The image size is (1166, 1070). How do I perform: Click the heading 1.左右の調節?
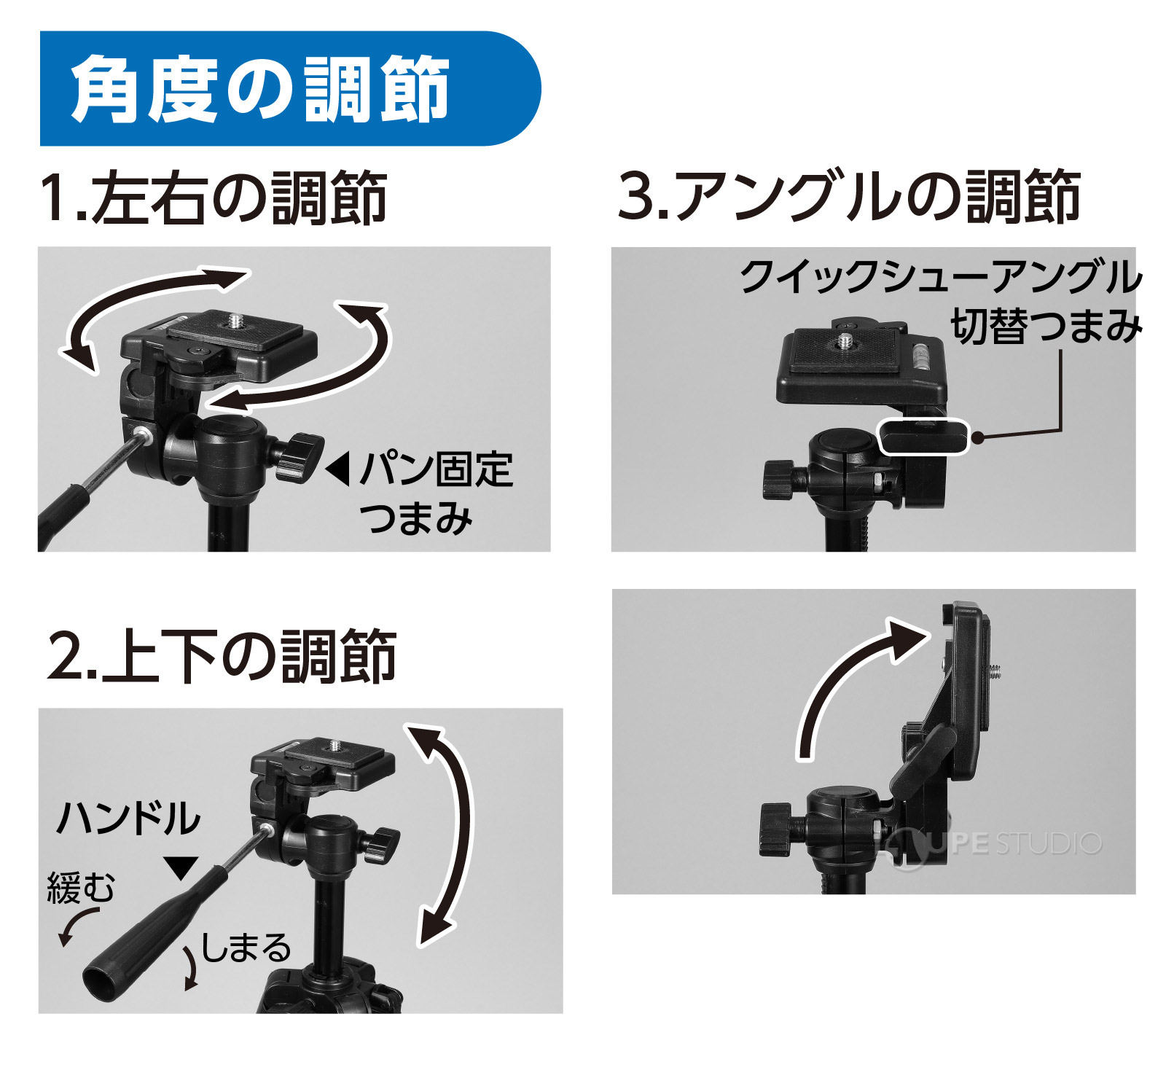(213, 198)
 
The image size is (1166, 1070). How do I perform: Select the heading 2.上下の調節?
(222, 656)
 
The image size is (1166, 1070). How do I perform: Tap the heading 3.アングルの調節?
(849, 195)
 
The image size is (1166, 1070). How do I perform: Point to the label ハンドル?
(128, 817)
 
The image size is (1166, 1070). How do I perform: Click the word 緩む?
(81, 888)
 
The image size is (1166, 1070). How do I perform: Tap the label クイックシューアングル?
(940, 277)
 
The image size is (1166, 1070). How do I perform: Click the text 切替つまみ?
(1045, 326)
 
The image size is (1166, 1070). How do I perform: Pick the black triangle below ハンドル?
(181, 867)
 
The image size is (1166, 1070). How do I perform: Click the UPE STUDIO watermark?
(1006, 843)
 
